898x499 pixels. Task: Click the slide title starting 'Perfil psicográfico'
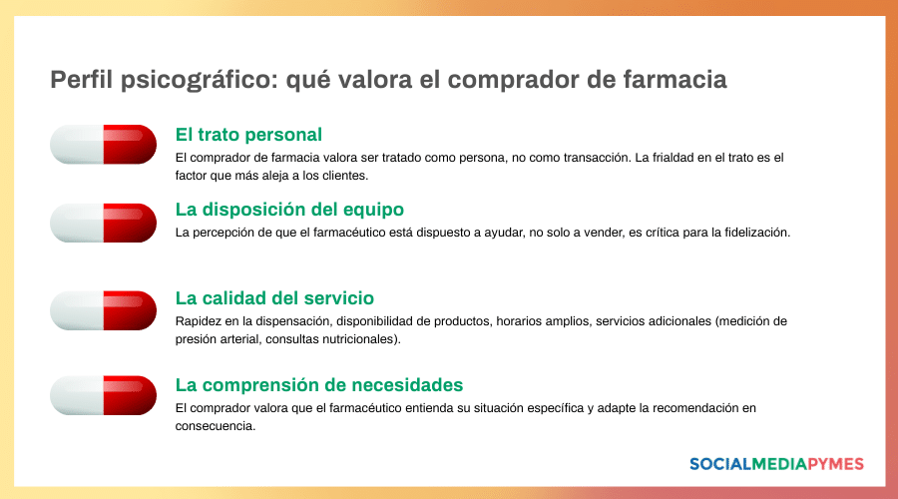(x=388, y=80)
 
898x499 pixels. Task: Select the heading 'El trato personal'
(x=248, y=134)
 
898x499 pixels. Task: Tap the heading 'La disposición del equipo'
(x=289, y=210)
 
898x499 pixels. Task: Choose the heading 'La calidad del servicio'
(x=274, y=297)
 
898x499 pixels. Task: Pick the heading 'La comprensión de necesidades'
(x=319, y=384)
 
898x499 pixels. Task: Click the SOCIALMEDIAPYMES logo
(x=776, y=464)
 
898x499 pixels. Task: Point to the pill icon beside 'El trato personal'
(x=104, y=144)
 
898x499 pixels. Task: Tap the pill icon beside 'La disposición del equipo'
(x=104, y=223)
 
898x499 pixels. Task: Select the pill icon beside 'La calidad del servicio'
(x=104, y=310)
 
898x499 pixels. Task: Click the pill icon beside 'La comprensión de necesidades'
(x=104, y=395)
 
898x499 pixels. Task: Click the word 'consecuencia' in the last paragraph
(x=214, y=426)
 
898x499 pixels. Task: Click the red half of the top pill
(x=130, y=144)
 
